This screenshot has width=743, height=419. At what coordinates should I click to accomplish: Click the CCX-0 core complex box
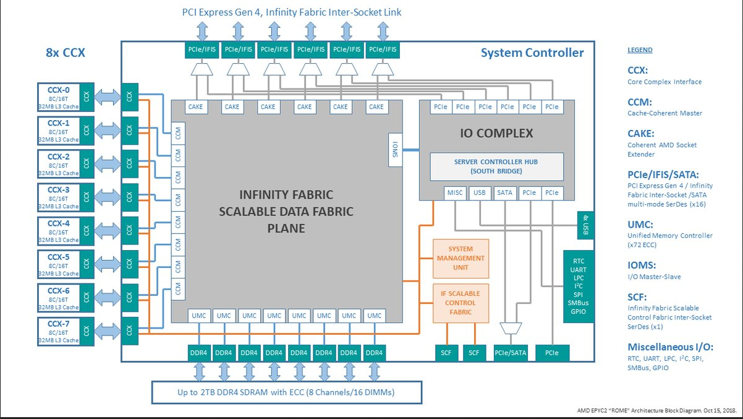coord(66,97)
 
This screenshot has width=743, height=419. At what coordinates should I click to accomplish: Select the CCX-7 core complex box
coord(66,331)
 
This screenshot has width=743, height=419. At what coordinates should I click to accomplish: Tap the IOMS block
coord(395,150)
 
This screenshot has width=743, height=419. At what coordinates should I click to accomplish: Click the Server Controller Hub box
coord(496,166)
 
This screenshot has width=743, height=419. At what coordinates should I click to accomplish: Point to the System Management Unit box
coord(461,258)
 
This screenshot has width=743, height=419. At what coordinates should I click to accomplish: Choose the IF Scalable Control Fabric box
coord(461,303)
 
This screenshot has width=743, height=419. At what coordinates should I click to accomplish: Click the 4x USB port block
coord(585,225)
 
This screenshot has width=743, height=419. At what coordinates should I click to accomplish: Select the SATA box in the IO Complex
coord(504,193)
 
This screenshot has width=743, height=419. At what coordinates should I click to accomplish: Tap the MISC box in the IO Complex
coord(455,193)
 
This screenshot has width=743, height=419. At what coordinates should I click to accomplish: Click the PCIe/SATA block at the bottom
coord(511,353)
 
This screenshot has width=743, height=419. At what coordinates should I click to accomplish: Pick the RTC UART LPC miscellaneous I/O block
coord(578,286)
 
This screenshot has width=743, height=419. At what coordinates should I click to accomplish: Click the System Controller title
coord(532,53)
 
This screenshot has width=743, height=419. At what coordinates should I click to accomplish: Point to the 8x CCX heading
coord(66,53)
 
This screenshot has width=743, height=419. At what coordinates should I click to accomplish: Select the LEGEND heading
coord(640,50)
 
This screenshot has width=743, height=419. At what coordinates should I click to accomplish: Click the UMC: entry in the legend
coord(640,225)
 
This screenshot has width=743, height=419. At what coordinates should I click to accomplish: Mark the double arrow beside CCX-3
coord(108,197)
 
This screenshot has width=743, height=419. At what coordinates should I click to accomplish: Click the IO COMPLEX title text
coord(496,133)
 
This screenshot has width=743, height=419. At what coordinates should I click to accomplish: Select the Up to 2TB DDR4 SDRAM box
coord(287,392)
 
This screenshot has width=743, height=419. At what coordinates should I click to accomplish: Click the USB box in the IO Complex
coord(480,193)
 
